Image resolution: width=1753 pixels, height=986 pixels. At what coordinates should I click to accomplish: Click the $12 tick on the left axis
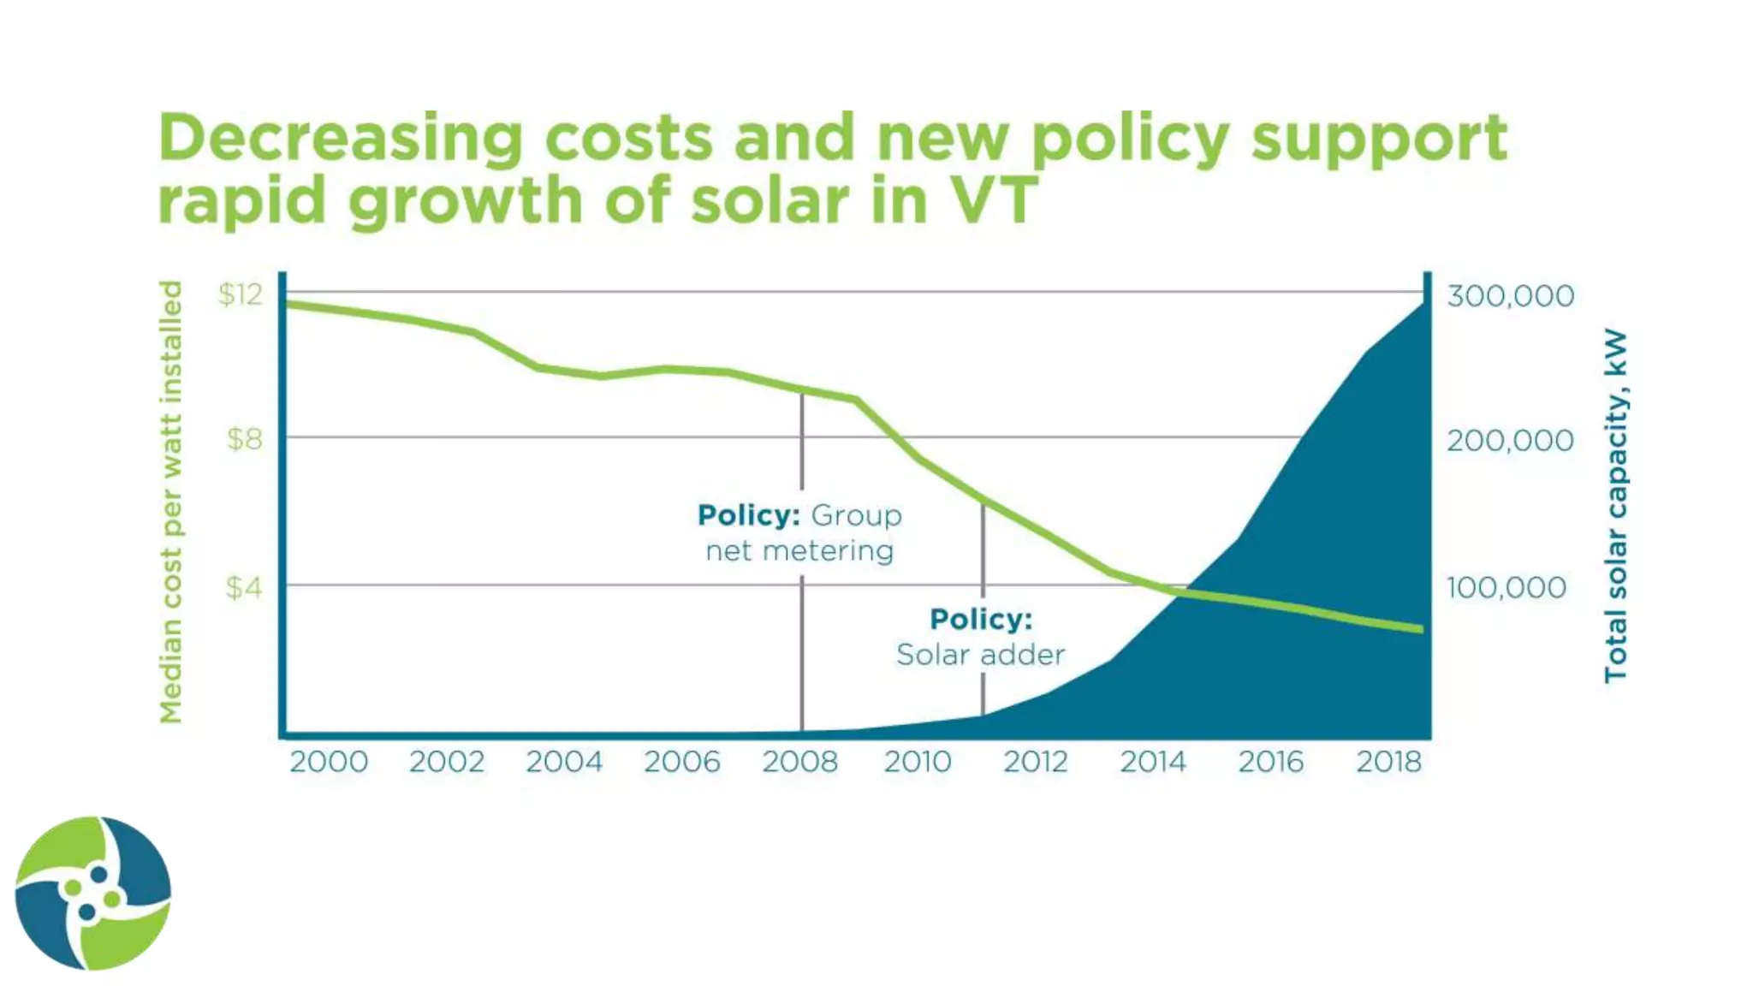pos(241,294)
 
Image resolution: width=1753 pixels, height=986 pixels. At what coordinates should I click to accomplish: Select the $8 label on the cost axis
pos(244,439)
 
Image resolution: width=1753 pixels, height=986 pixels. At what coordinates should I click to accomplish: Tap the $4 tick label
pos(243,587)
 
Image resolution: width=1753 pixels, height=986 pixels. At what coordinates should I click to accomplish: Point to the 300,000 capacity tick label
pos(1510,296)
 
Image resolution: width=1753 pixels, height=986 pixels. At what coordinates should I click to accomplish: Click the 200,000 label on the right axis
pos(1510,441)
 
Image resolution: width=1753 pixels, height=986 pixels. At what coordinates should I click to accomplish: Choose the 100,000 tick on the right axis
pos(1506,588)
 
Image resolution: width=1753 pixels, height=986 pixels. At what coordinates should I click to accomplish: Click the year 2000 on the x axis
pos(329,762)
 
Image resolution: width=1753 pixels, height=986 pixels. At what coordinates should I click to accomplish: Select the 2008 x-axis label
pos(800,762)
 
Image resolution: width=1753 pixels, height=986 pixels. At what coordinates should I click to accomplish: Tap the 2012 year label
pos(1036,762)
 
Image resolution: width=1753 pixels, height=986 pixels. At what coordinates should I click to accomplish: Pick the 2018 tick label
pos(1388,762)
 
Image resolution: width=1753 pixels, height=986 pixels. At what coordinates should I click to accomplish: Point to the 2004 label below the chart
pos(564,762)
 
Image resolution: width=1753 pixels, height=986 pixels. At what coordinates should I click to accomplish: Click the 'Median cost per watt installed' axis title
pos(171,502)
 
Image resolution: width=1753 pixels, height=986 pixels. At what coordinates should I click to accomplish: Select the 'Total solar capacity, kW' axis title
pos(1615,505)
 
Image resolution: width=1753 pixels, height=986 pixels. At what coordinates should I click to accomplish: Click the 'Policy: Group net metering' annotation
pos(799,532)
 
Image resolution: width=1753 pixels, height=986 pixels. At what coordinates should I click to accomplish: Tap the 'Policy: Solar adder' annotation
pos(981,637)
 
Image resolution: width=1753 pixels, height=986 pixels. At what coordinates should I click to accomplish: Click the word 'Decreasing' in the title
pos(340,138)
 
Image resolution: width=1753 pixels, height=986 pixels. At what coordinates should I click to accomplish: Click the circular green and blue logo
pos(92,893)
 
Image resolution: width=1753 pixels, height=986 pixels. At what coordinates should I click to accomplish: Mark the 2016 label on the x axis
pos(1271,762)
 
